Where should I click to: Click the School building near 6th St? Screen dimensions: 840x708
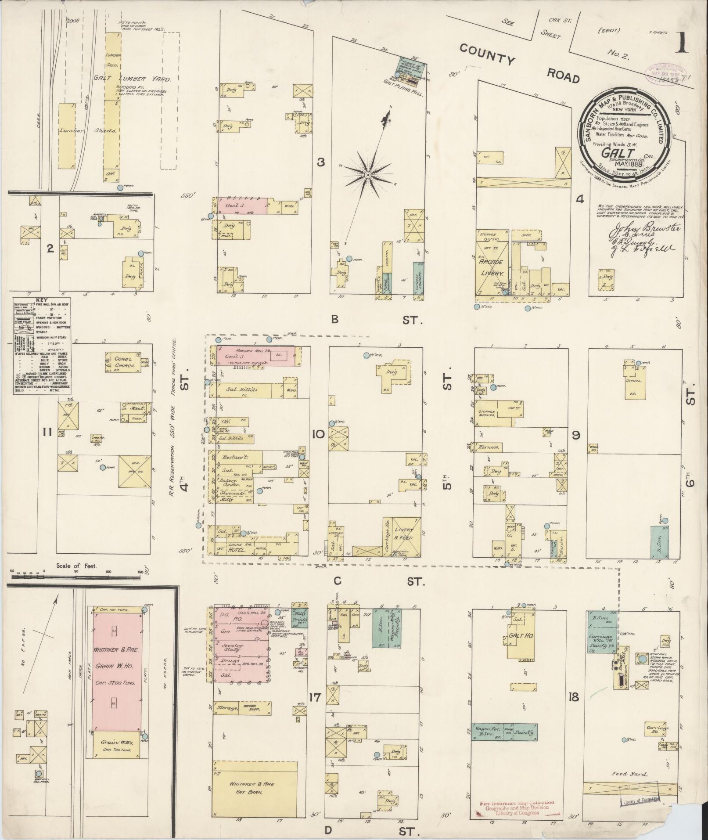[634, 381]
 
